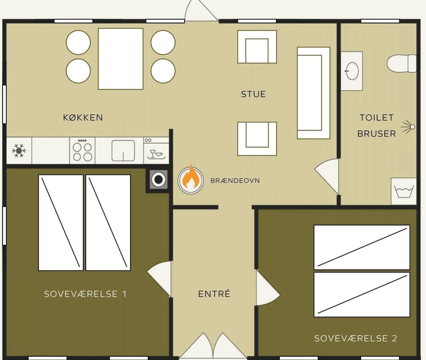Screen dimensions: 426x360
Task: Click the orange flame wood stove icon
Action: [191, 180]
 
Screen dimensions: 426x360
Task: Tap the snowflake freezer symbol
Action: [19, 150]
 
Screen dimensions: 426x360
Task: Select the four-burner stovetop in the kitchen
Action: [83, 150]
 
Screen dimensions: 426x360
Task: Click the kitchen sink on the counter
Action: [123, 151]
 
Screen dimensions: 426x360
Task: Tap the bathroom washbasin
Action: [352, 71]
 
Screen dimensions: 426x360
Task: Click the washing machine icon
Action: [404, 191]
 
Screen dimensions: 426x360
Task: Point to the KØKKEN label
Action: [83, 118]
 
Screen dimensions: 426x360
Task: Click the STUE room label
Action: [253, 94]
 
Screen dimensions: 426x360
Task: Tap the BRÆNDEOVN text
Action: [235, 180]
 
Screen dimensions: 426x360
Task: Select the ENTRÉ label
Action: [214, 294]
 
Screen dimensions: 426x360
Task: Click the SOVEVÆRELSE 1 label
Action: [85, 294]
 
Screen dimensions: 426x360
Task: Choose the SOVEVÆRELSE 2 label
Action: [355, 338]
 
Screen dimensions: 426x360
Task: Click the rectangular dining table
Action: [121, 59]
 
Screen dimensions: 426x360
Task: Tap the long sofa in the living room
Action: [314, 93]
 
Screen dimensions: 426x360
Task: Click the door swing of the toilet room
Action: [327, 177]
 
